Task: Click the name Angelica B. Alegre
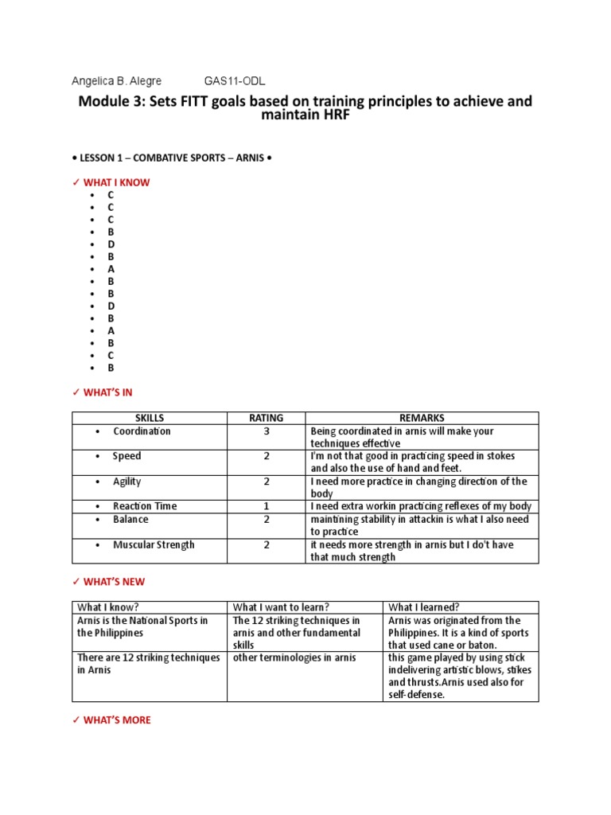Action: tap(117, 81)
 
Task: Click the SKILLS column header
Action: tap(149, 418)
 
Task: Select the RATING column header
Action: tap(267, 418)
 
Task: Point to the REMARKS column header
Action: tap(422, 418)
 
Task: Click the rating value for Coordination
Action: tap(267, 431)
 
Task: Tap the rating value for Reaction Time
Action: tap(267, 506)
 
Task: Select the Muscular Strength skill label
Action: tap(154, 545)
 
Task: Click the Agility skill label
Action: tap(130, 482)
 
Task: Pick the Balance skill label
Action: tap(130, 519)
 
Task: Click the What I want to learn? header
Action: tap(280, 607)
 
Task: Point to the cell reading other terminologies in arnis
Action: tap(294, 657)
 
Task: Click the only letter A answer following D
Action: tap(111, 269)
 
